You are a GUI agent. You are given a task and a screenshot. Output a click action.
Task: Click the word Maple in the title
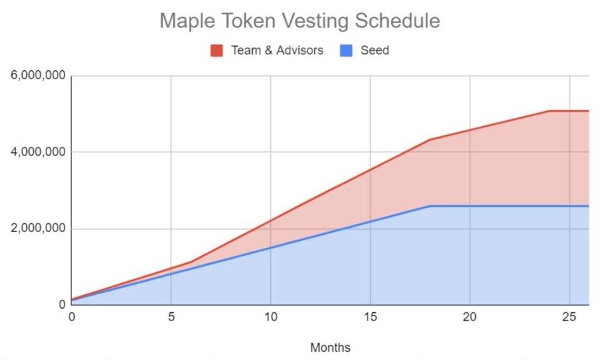pyautogui.click(x=188, y=21)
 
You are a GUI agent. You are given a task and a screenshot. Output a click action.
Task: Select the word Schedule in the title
pyautogui.click(x=396, y=20)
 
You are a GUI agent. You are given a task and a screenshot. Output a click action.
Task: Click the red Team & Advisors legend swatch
pyautogui.click(x=216, y=50)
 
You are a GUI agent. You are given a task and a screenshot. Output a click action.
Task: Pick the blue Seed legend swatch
pyautogui.click(x=346, y=50)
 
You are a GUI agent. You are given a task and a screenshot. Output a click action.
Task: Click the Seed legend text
pyautogui.click(x=375, y=50)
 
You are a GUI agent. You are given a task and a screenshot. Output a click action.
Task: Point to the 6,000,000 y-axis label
pyautogui.click(x=38, y=75)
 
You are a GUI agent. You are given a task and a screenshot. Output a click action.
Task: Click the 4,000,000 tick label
pyautogui.click(x=38, y=152)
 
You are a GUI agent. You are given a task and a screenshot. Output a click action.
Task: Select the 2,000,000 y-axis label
pyautogui.click(x=38, y=228)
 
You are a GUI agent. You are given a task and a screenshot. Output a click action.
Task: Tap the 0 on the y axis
pyautogui.click(x=62, y=305)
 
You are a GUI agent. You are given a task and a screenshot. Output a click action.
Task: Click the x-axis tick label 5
pyautogui.click(x=171, y=317)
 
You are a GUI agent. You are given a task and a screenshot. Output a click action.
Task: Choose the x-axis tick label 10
pyautogui.click(x=271, y=317)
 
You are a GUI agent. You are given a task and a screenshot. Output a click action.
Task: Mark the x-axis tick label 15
pyautogui.click(x=370, y=317)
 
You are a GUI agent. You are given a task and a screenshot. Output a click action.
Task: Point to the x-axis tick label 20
pyautogui.click(x=470, y=317)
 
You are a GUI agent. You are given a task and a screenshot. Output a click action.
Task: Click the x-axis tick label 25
pyautogui.click(x=569, y=317)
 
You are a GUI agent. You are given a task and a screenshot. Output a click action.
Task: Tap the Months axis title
pyautogui.click(x=330, y=347)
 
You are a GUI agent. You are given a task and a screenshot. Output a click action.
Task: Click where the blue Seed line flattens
pyautogui.click(x=430, y=206)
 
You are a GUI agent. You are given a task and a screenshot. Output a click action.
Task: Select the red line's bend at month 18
pyautogui.click(x=430, y=140)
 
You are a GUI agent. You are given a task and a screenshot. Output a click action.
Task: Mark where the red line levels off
pyautogui.click(x=549, y=111)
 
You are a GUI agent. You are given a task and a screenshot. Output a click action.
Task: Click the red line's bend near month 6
pyautogui.click(x=191, y=262)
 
